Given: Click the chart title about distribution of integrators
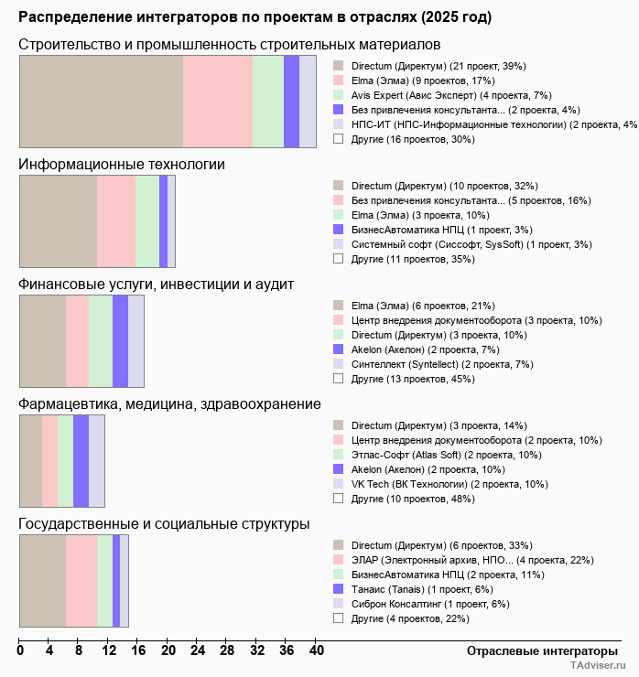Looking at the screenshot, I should (x=255, y=17).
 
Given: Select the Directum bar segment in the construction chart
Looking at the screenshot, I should (x=101, y=101).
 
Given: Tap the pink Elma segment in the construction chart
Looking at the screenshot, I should (x=217, y=101).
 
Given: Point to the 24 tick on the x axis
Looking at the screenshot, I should (x=198, y=650).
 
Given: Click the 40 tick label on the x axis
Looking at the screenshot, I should (x=316, y=650).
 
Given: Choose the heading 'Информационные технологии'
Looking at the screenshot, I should (x=122, y=164).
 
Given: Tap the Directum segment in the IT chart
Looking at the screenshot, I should (x=58, y=220).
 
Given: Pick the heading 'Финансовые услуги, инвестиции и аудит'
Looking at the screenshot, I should (x=156, y=284).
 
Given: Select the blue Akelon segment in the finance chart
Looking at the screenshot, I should (x=120, y=341).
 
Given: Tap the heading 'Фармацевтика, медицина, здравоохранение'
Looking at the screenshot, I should (x=169, y=403).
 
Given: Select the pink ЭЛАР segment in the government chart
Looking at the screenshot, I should (x=81, y=581).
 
